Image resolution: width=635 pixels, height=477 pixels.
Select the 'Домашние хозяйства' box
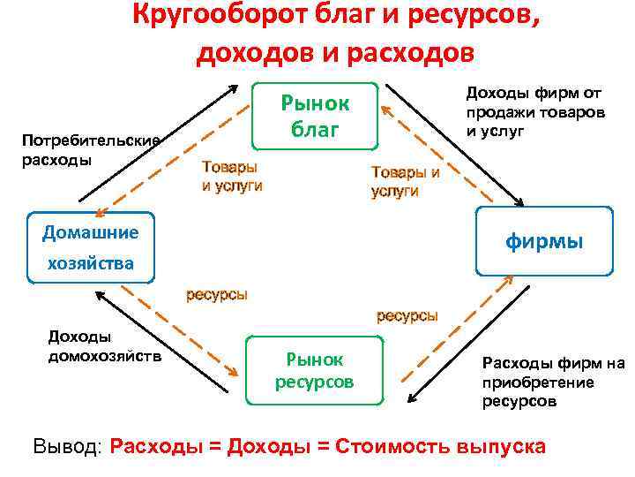tap(90, 248)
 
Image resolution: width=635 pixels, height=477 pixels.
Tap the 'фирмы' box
tap(543, 241)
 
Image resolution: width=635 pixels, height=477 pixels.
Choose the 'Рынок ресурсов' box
tap(314, 370)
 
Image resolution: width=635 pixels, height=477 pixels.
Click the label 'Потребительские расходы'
tap(91, 149)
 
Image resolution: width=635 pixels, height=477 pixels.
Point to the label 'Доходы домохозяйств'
tap(104, 347)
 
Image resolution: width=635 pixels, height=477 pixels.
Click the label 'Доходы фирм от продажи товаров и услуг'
tap(535, 111)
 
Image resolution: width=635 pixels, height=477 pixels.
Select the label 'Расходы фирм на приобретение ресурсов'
tap(552, 382)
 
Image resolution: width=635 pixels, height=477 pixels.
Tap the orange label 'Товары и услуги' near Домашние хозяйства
tap(231, 176)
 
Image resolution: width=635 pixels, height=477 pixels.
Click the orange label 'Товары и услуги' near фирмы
tap(405, 181)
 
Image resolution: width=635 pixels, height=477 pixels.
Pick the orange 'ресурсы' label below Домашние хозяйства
tap(216, 294)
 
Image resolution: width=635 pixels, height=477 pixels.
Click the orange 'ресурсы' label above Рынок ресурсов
tap(407, 315)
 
